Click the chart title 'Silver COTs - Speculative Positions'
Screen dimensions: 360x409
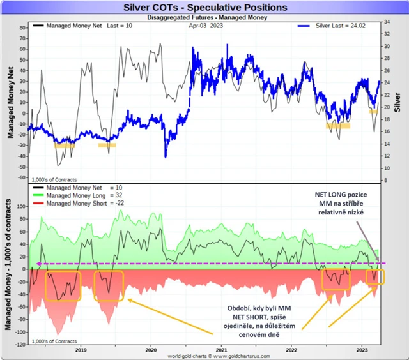(x=204, y=8)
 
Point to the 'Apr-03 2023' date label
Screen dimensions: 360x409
(x=206, y=27)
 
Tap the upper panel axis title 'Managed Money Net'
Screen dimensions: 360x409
(x=11, y=102)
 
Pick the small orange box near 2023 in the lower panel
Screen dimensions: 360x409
(x=376, y=278)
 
